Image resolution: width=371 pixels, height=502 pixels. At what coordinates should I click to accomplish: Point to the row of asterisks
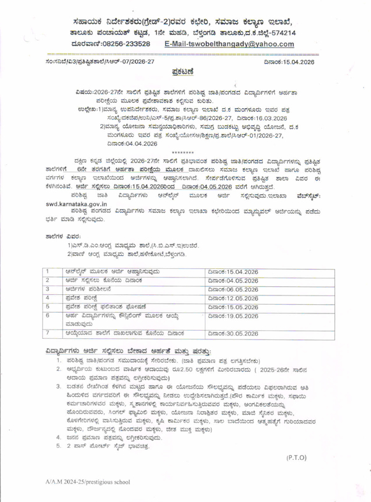tap(187, 153)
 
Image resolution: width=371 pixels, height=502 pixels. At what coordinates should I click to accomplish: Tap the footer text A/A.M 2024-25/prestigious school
tap(73, 488)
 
